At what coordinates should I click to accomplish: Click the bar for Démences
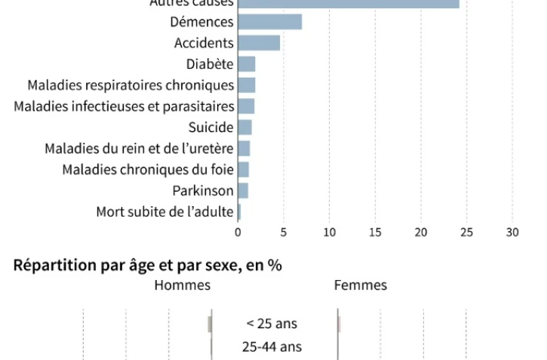[270, 22]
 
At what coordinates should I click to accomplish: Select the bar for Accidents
[259, 43]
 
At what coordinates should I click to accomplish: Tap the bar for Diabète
[247, 64]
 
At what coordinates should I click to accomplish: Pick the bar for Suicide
[244, 127]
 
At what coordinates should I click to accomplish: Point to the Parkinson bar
[243, 190]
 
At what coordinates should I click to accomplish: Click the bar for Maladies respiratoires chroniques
[247, 85]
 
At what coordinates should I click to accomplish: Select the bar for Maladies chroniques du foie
[243, 169]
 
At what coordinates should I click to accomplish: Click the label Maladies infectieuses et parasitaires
[124, 106]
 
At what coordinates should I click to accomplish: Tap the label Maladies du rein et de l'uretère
[139, 149]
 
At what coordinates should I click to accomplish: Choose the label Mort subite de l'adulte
[164, 212]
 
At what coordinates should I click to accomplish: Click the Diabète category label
[210, 64]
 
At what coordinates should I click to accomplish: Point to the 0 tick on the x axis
[238, 232]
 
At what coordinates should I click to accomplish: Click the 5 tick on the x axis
[284, 232]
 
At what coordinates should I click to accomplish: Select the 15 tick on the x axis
[375, 232]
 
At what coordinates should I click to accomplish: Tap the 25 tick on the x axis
[467, 232]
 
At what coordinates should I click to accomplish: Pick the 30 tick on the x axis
[512, 232]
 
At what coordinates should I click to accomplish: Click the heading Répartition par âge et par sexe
[147, 266]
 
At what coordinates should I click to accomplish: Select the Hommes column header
[183, 285]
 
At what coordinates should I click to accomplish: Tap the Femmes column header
[361, 285]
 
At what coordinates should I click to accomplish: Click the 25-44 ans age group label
[272, 347]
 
